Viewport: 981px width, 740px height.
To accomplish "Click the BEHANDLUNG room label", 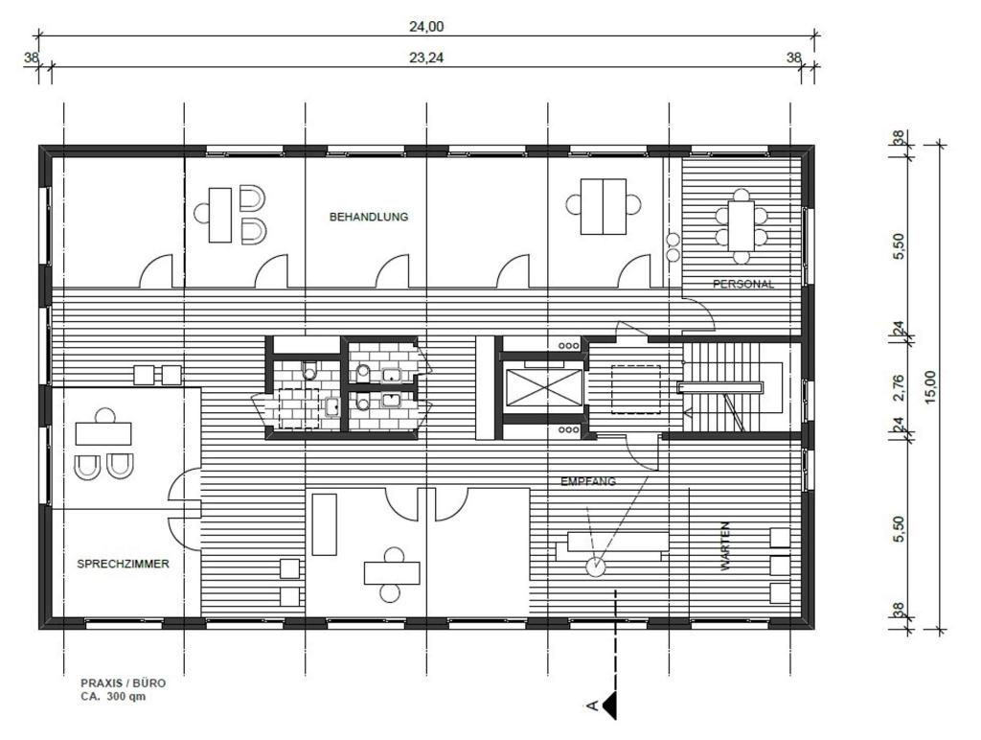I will [369, 217].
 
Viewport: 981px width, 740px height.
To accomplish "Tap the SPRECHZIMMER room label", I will [123, 565].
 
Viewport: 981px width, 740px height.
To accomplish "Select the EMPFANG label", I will [588, 482].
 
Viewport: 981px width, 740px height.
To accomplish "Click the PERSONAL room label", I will [742, 285].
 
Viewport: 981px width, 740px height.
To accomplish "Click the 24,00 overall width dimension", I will [426, 26].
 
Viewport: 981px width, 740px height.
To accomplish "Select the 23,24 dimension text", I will [426, 58].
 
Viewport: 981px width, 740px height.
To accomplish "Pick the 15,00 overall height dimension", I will [928, 388].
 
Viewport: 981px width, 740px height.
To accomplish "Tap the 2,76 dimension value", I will [899, 386].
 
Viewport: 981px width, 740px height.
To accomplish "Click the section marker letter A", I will [592, 706].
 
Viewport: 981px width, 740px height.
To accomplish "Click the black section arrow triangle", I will [609, 706].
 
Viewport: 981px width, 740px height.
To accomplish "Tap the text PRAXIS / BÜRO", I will [123, 683].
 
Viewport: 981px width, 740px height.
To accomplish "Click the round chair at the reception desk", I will [596, 567].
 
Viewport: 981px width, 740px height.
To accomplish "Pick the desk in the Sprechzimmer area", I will [103, 433].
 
